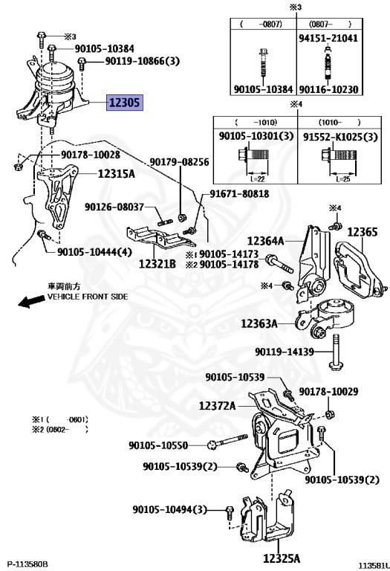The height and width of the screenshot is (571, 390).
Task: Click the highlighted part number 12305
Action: pos(124,103)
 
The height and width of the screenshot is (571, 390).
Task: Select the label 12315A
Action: pos(117,174)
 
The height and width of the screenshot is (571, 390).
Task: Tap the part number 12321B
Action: pos(157,264)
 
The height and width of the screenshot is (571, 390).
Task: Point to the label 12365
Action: pos(363,232)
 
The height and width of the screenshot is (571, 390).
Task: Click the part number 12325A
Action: pos(282,558)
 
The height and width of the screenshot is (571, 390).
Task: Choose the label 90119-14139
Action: pos(285,352)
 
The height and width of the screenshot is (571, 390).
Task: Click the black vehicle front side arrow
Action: pos(30,301)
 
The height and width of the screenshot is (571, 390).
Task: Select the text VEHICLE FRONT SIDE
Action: pos(88,297)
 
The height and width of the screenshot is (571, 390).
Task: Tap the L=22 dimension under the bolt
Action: pos(257,178)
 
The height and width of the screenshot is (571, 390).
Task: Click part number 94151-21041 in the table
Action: pos(328,38)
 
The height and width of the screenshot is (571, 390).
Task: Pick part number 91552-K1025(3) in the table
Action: pos(340,137)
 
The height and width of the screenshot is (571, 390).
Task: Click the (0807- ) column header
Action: pos(330,24)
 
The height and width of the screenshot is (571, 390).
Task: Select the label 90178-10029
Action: pos(328,392)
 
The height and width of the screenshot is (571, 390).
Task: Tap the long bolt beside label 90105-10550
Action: pos(228,441)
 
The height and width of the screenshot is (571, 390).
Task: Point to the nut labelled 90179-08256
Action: pos(181,218)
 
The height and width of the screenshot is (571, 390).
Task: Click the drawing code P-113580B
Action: pos(27,564)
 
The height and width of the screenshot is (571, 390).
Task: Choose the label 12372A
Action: pos(218,405)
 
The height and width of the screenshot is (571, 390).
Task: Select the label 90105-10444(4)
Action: pos(94,251)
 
